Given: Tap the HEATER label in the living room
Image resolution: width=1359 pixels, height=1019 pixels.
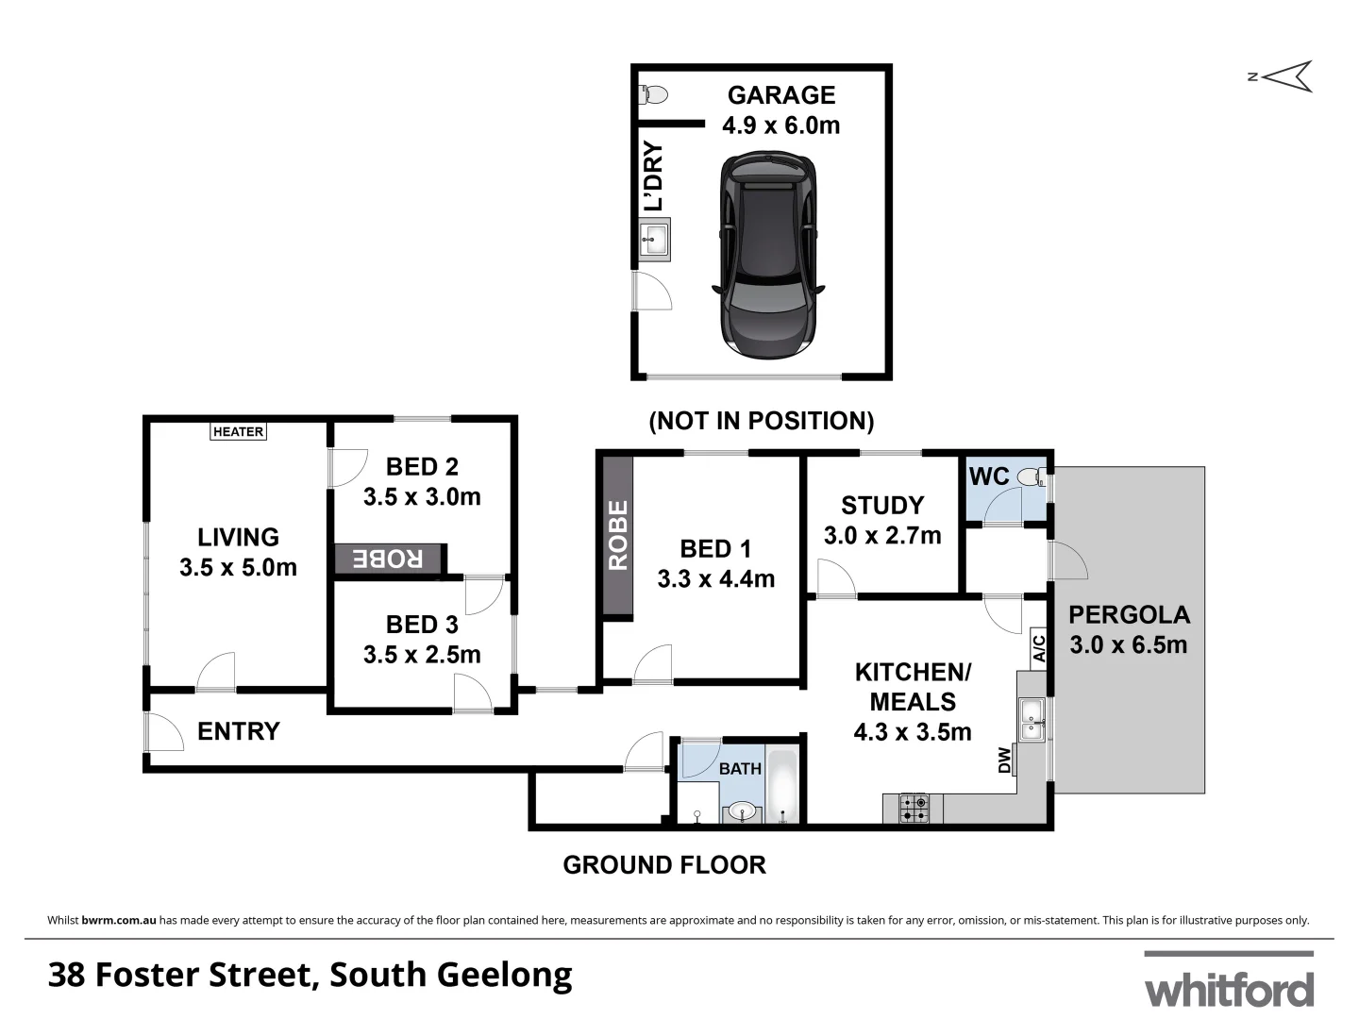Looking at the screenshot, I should point(238,432).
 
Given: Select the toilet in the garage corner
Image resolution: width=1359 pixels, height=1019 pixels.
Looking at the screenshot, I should point(653,94).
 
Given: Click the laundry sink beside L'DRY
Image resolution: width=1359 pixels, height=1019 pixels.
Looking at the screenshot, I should point(654,239).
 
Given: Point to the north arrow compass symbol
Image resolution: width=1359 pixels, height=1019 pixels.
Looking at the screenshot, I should point(1285,76).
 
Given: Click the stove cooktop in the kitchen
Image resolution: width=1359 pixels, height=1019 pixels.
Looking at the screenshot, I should point(914,809).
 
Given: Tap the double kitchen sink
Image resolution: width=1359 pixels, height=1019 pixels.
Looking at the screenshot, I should point(1032,719).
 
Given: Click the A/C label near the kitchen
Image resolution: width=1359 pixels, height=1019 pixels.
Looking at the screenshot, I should point(1038,648).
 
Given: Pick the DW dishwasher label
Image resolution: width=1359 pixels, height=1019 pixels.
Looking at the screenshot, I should point(1004,760).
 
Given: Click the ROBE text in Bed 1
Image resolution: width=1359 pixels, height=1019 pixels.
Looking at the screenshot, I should point(618,535).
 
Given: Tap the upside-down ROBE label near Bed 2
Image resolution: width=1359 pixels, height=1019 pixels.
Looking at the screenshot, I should point(388,559).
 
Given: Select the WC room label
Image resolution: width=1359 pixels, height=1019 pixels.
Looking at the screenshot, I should point(989,476).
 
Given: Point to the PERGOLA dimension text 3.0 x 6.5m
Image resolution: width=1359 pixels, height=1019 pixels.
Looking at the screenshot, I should point(1128,645).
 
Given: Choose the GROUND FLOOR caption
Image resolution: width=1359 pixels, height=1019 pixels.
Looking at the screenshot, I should point(664,865).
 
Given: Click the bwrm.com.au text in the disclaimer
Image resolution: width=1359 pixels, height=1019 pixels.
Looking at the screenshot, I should point(118,920).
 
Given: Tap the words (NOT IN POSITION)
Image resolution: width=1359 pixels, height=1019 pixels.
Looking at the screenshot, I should point(761,421).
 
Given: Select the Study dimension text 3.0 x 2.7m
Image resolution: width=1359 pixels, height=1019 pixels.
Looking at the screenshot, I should point(882,536).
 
